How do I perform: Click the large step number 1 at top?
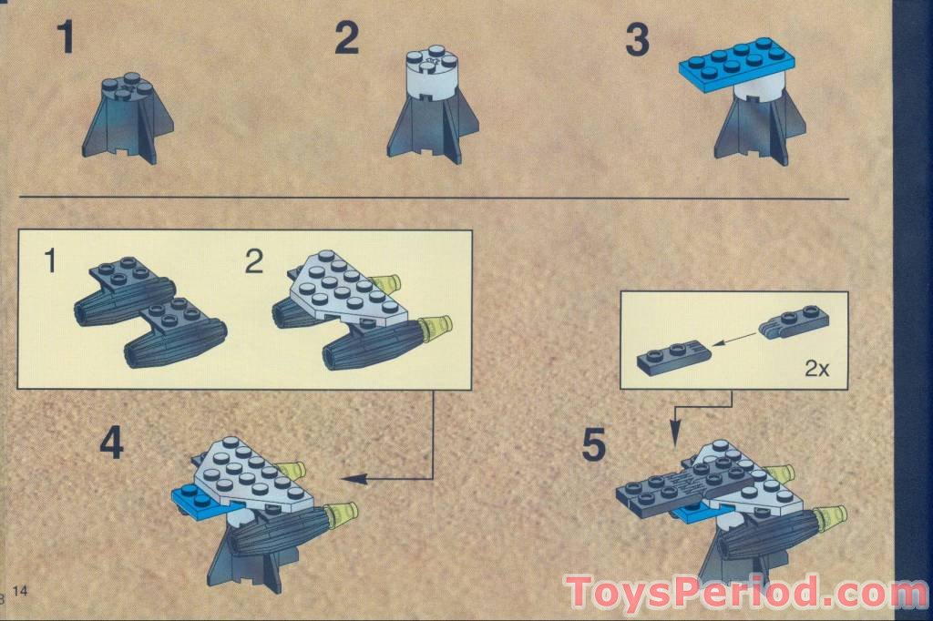point(65,39)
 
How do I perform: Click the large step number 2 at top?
point(347,39)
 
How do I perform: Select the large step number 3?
point(637,40)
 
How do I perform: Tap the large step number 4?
point(111,443)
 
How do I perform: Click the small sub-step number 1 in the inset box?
point(52,262)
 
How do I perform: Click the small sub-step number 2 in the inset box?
point(254,262)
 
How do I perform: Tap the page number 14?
point(20,592)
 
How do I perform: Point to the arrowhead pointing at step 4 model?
point(351,478)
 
